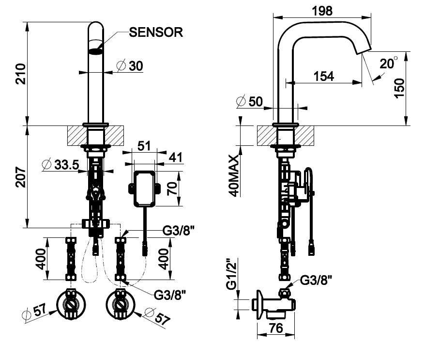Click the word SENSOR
click(156, 32)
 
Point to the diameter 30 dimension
click(130, 66)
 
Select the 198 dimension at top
click(322, 10)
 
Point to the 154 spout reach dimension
click(323, 76)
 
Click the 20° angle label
click(388, 63)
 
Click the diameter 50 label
click(250, 101)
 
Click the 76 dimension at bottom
click(275, 328)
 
